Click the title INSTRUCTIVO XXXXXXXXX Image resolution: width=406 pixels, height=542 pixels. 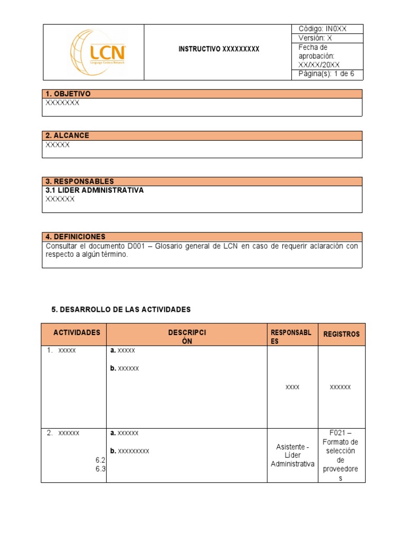coord(219,49)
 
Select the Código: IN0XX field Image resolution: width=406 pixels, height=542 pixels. coord(322,29)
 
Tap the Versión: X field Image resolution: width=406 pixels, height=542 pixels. coord(315,39)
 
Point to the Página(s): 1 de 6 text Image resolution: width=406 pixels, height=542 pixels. coord(326,74)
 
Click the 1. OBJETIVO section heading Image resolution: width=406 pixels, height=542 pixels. coord(68,94)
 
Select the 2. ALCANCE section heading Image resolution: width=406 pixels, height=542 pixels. coord(67,135)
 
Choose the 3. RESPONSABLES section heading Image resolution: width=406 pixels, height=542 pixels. coord(80,181)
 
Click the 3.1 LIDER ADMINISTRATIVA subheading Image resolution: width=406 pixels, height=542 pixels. coord(95,190)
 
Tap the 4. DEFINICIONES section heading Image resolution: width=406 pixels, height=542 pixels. coord(76,237)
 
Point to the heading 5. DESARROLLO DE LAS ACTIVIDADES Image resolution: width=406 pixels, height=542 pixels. coord(121,309)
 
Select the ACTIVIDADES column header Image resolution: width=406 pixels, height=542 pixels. coord(77,333)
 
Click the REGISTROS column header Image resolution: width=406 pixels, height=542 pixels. coord(341,334)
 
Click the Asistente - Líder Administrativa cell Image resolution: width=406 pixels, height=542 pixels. coord(292,455)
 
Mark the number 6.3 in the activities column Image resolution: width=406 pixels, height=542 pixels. coord(100,469)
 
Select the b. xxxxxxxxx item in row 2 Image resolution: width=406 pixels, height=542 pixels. coord(130,451)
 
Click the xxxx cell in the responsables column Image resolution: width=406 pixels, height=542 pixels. coord(292,387)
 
